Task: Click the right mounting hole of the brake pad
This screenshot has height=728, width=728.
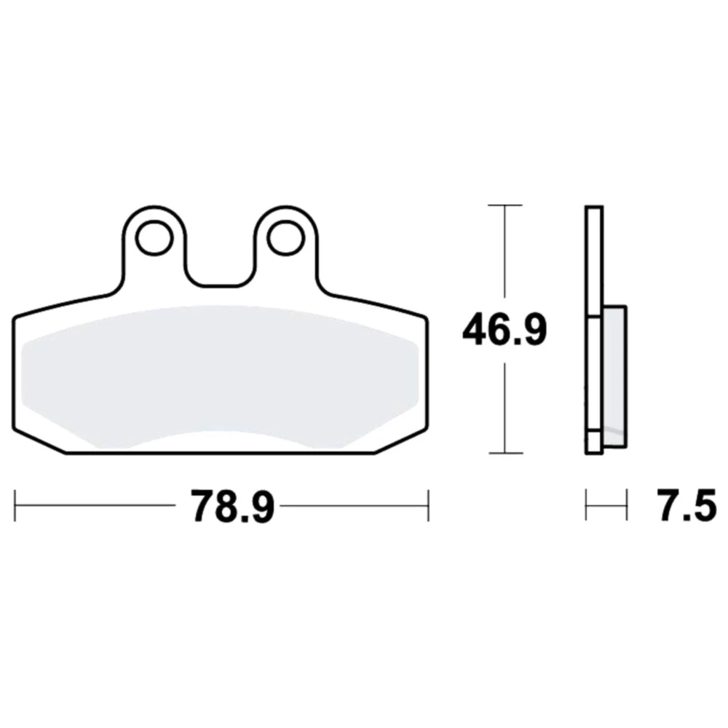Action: [x=286, y=238]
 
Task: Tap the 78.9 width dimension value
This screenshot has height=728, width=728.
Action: [x=233, y=506]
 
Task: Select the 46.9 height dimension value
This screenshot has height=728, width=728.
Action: [x=505, y=330]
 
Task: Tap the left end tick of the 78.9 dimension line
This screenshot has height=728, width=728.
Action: [x=15, y=505]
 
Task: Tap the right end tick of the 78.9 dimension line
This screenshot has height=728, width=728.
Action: [x=428, y=505]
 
